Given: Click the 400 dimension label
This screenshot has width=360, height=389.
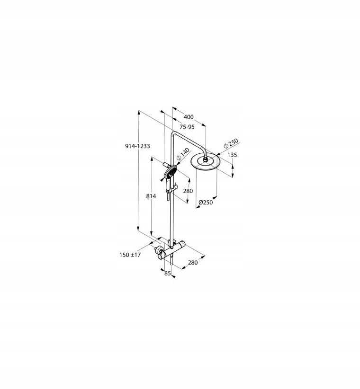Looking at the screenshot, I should coord(189,117).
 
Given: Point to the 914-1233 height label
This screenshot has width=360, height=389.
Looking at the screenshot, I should coord(137,146).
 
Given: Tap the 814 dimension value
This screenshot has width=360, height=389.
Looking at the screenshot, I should coord(151,196).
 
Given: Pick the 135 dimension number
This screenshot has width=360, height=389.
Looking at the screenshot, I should coord(232,155).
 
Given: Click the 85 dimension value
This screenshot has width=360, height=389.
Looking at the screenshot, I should coord(167,273).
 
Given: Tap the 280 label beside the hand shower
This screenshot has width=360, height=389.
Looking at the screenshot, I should coord(188,191).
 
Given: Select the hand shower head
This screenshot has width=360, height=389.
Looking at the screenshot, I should coord(169,175).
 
